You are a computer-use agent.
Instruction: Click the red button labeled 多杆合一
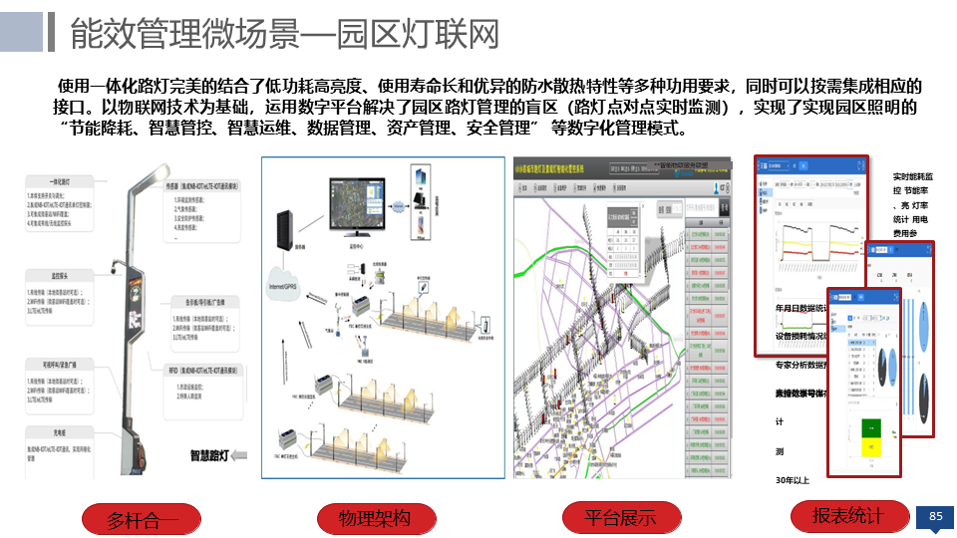coord(143,520)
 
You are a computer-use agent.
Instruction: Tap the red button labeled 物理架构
coord(375,519)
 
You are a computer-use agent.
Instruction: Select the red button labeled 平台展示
coord(620,518)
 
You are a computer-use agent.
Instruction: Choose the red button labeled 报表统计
coord(847,515)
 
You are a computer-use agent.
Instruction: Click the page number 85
coord(935,516)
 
